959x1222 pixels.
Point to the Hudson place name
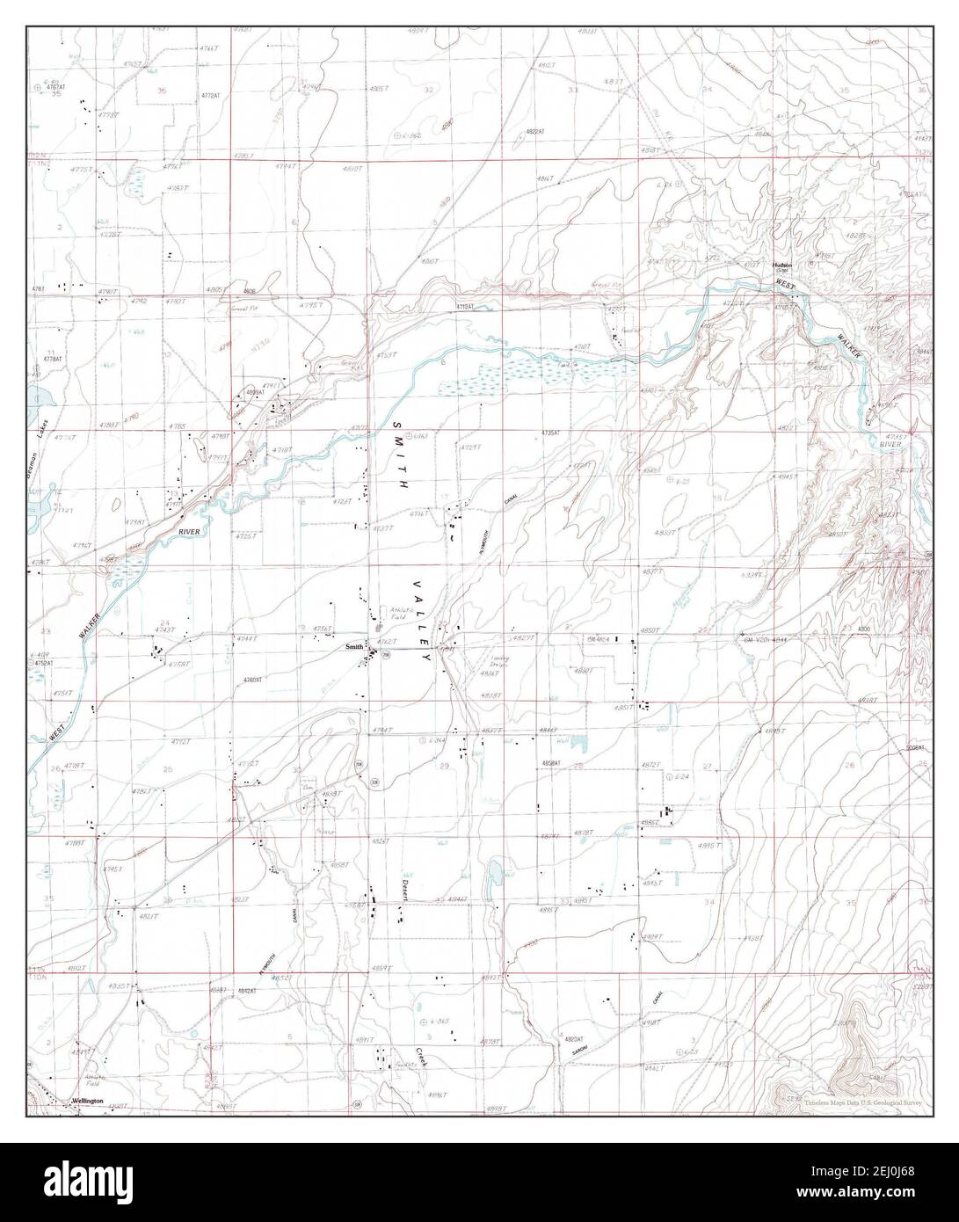click(781, 265)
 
